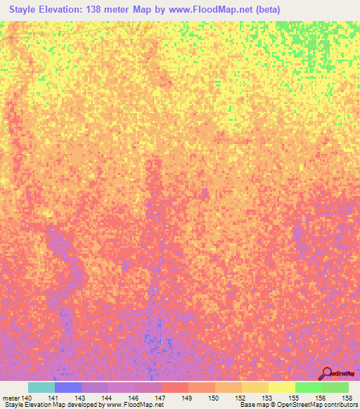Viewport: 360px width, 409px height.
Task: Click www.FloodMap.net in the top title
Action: (x=205, y=9)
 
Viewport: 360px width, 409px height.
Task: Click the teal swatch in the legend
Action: (x=41, y=387)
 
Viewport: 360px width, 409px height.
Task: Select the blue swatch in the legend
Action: (x=68, y=387)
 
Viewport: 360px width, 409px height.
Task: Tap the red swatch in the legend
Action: (x=174, y=387)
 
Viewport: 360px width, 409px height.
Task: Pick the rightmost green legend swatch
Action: (x=335, y=387)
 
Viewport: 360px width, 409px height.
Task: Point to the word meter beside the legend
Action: (x=10, y=398)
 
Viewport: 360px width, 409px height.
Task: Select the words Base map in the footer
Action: (x=255, y=405)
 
